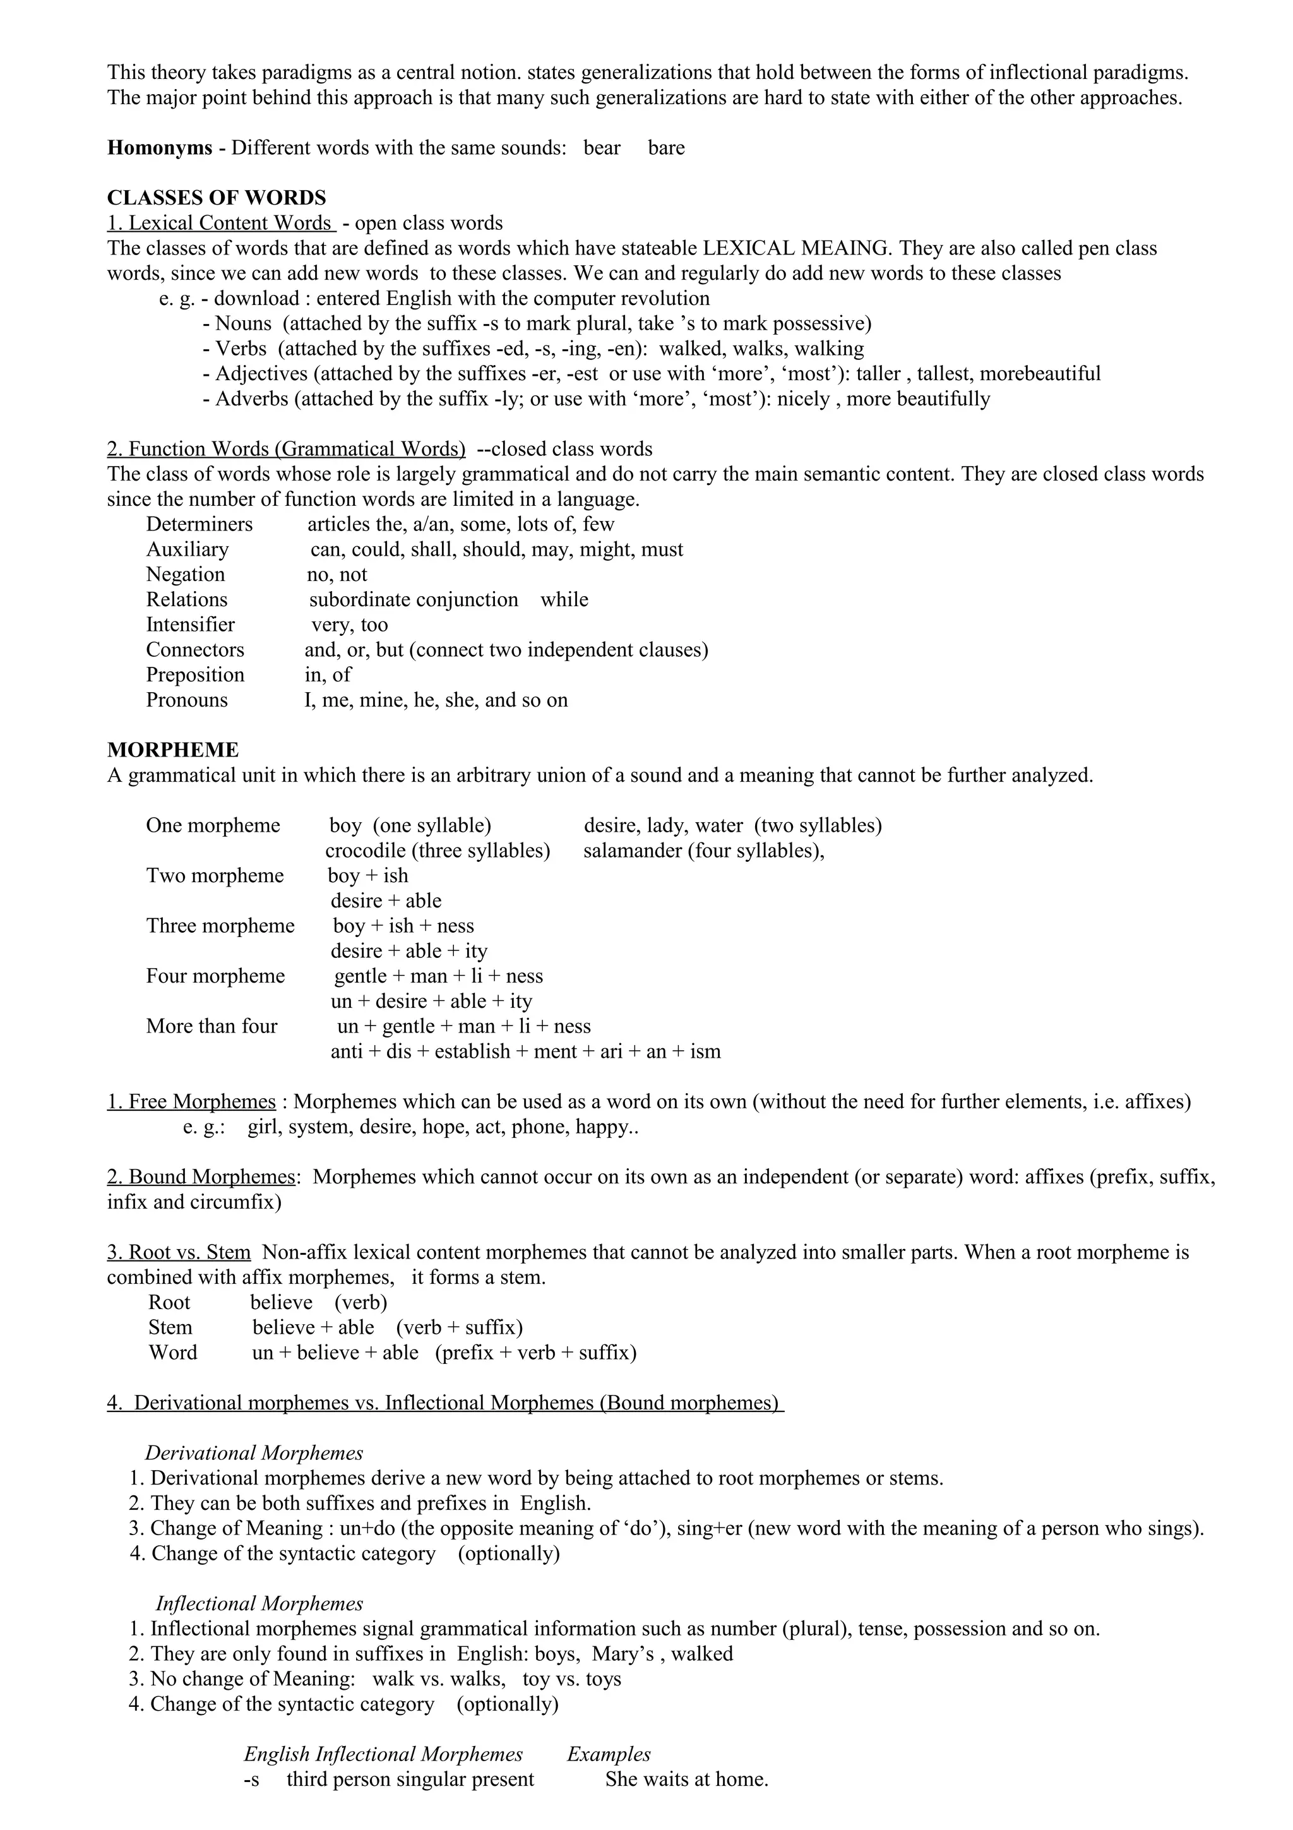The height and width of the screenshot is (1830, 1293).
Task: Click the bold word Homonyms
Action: [x=159, y=148]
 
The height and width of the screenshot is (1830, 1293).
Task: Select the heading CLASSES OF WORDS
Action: [x=217, y=198]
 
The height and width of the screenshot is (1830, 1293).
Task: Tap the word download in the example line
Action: [x=256, y=299]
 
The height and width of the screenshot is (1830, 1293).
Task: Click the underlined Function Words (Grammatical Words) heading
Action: [x=286, y=450]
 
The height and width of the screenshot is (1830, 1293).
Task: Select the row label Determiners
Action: [x=199, y=525]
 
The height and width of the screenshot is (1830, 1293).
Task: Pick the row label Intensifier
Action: [x=191, y=625]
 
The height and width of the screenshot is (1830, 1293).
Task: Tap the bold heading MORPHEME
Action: [x=173, y=750]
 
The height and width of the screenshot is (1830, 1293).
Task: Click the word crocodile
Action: [x=365, y=851]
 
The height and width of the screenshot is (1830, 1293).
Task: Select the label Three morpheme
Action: [x=220, y=926]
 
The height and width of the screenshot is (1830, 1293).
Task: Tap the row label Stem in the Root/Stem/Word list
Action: [x=170, y=1328]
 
